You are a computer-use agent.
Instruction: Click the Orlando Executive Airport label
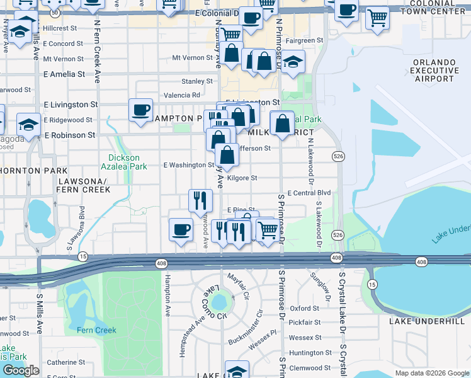[x=434, y=70]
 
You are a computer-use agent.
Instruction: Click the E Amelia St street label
[x=64, y=74]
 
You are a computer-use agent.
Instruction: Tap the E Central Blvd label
[x=309, y=193]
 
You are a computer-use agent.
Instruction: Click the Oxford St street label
[x=305, y=309]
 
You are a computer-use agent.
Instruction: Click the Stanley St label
[x=197, y=81]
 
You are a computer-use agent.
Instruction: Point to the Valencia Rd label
[x=181, y=95]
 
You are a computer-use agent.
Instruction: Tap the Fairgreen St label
[x=304, y=40]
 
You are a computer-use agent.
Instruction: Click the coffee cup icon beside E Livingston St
[x=140, y=110]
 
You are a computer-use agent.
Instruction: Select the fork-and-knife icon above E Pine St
[x=200, y=200]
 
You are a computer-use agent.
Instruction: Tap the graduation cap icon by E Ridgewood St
[x=29, y=124]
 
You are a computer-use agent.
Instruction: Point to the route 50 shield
[x=55, y=13]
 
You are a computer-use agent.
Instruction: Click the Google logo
[x=21, y=370]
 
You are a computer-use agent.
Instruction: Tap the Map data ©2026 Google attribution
[x=431, y=373]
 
